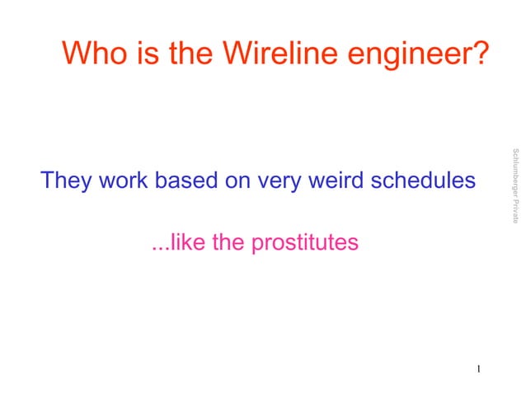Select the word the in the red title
click(x=190, y=54)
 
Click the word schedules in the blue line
click(x=423, y=181)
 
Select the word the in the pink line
click(x=228, y=243)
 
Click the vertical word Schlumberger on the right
click(x=514, y=175)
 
